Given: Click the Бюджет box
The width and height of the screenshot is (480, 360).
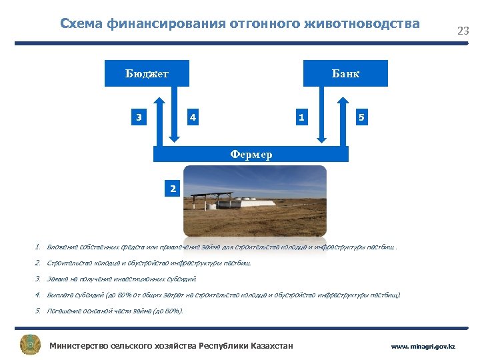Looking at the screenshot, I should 147,73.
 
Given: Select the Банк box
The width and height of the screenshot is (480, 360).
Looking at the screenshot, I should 345,73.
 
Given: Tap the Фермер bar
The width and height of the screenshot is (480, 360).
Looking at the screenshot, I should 251,155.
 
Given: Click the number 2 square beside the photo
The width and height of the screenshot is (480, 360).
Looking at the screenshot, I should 173,189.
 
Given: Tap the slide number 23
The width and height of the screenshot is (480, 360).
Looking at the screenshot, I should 463,31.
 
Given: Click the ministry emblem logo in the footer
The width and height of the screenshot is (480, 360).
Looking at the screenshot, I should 30,345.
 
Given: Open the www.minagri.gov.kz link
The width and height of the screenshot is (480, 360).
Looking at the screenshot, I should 423,347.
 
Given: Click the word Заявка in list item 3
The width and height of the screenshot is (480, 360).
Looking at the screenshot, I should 59,279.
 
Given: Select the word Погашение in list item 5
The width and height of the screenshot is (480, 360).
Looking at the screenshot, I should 65,311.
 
